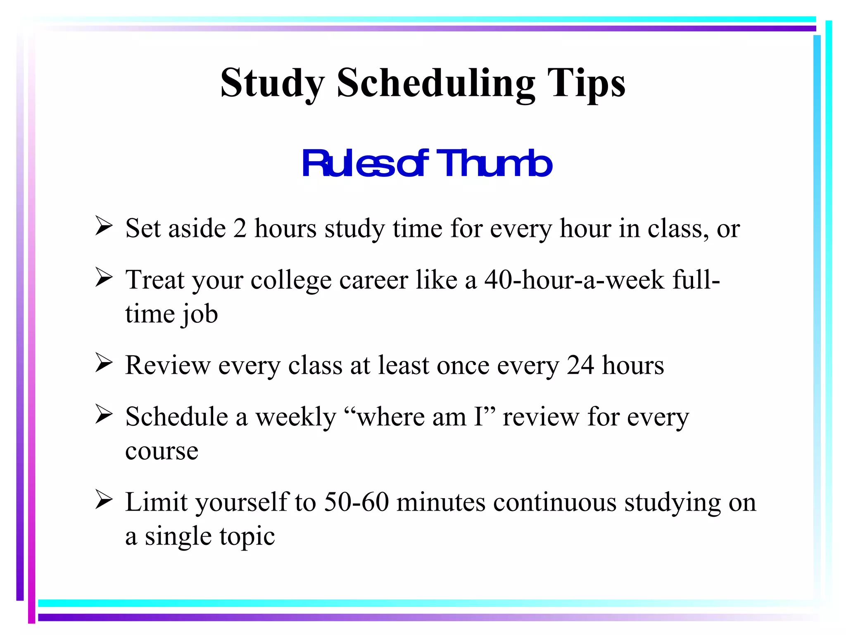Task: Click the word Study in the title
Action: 272,84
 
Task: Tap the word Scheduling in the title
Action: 436,84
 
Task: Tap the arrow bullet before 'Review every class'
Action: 103,363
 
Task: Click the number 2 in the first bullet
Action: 240,228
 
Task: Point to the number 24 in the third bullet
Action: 580,365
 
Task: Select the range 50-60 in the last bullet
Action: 356,502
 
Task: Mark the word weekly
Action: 296,417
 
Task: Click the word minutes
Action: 441,502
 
